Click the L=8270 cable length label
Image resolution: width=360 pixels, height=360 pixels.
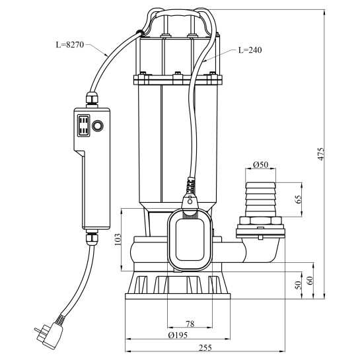pyautogui.click(x=70, y=44)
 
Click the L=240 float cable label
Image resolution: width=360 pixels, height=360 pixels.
pyautogui.click(x=250, y=50)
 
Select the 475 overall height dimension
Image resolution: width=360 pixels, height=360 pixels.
pyautogui.click(x=321, y=154)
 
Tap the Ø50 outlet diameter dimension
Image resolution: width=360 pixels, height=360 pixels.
pyautogui.click(x=260, y=164)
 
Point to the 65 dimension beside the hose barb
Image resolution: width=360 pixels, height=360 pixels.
pyautogui.click(x=299, y=199)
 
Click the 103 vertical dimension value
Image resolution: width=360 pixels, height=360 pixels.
pyautogui.click(x=118, y=240)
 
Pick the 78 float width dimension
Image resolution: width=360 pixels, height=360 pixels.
pyautogui.click(x=190, y=324)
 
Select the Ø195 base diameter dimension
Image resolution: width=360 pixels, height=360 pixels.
pyautogui.click(x=178, y=335)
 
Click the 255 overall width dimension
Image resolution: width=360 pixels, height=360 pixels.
pyautogui.click(x=205, y=347)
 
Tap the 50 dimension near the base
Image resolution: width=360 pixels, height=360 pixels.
pyautogui.click(x=298, y=285)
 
